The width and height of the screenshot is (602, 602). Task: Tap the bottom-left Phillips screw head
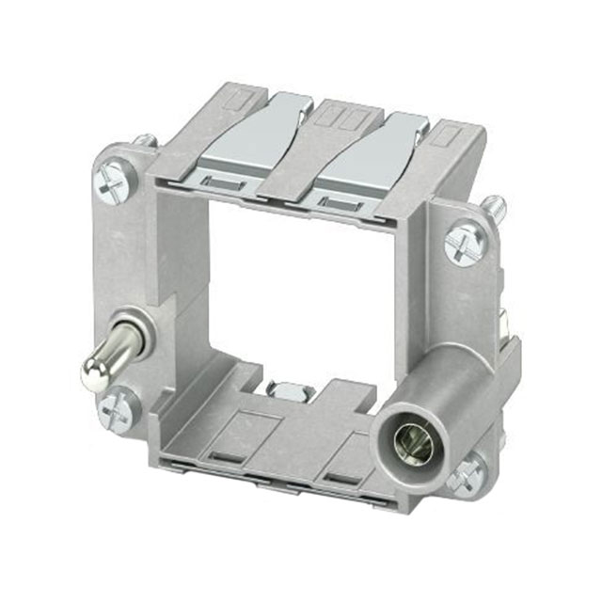pyautogui.click(x=121, y=406)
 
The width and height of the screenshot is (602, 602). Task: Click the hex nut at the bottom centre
pyautogui.click(x=284, y=388)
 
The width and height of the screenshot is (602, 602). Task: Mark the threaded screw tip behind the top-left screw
pyautogui.click(x=146, y=142)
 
